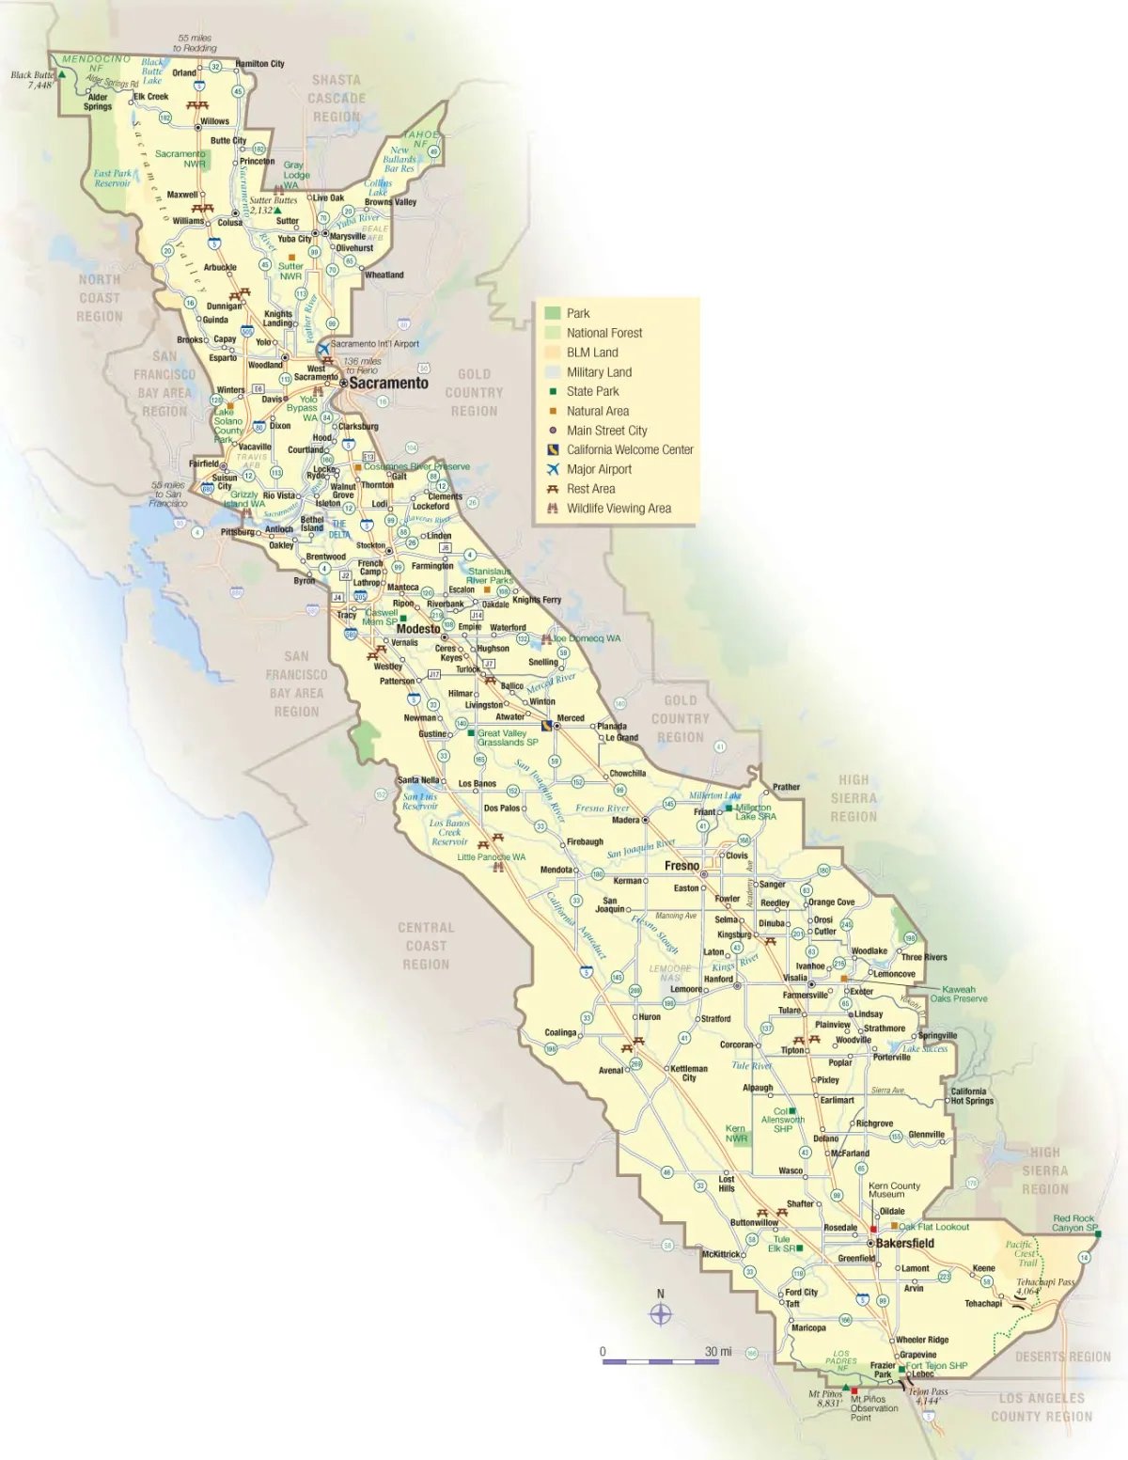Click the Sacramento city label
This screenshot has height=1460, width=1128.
[x=388, y=383]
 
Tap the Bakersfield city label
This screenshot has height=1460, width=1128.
[x=904, y=1243]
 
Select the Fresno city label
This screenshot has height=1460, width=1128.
[x=681, y=865]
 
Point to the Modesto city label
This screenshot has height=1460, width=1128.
[x=418, y=629]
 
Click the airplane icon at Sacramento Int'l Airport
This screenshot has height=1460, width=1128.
[x=323, y=348]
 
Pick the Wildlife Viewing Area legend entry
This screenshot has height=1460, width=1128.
[x=619, y=509]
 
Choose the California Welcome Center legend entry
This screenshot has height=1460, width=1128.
[x=630, y=449]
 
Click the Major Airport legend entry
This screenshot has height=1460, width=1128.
[x=599, y=469]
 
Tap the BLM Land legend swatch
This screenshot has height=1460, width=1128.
[x=553, y=353]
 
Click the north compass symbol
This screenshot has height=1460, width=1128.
[x=661, y=1313]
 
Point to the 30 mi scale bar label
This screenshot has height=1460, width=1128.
[x=718, y=1351]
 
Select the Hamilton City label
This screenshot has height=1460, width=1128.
[x=259, y=64]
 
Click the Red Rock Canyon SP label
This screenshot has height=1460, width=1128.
[x=1074, y=1223]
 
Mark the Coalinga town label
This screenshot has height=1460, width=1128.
[x=560, y=1032]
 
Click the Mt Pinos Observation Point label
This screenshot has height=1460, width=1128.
[x=874, y=1408]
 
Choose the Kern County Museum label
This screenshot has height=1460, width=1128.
[x=894, y=1189]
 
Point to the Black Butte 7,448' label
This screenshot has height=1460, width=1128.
[x=34, y=80]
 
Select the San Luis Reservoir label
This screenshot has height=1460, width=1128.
[x=420, y=801]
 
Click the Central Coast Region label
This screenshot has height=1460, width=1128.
[x=426, y=946]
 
